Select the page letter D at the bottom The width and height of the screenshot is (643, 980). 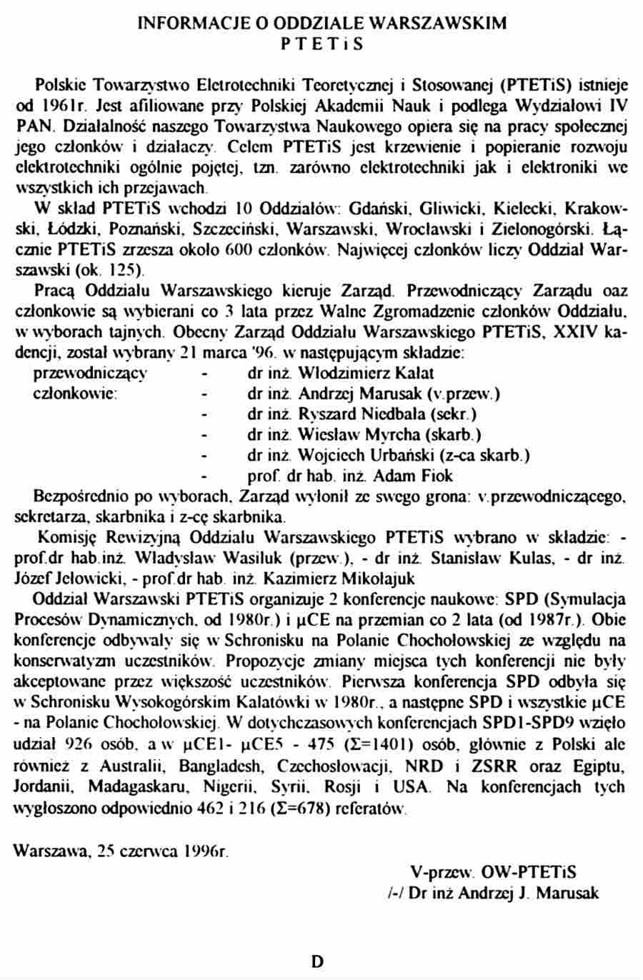(317, 962)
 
